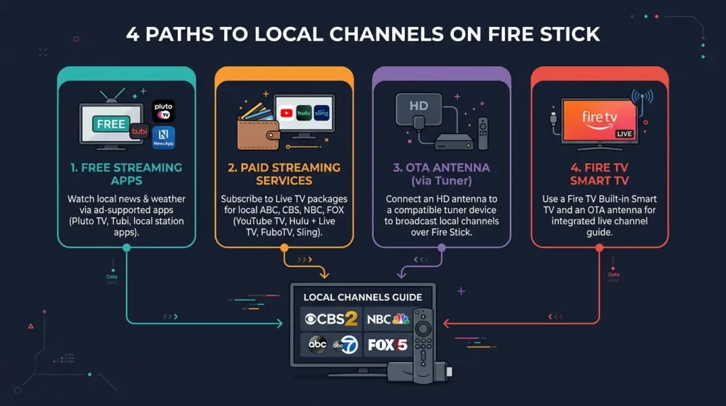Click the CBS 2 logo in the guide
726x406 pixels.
click(331, 319)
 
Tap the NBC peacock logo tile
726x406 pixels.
click(388, 319)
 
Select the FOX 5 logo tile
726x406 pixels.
click(387, 345)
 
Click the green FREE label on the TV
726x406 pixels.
click(111, 124)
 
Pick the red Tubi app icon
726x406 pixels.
click(138, 133)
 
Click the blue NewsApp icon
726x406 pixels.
click(163, 137)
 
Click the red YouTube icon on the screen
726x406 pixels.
click(286, 112)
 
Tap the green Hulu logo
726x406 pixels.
click(304, 112)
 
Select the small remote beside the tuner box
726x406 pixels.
click(483, 133)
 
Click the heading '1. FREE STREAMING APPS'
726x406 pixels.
click(126, 174)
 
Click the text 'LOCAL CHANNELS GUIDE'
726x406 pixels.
click(362, 297)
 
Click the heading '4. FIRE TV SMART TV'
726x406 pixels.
click(599, 174)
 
